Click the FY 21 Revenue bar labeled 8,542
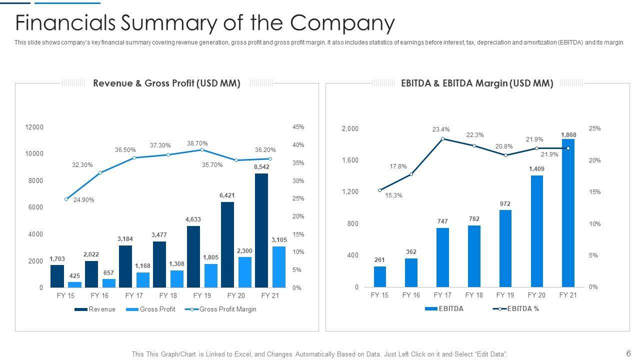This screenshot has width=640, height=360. point(261,230)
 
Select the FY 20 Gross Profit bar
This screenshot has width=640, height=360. point(244,272)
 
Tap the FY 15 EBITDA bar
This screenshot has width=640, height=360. point(380,276)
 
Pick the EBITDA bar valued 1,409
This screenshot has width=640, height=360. point(536,231)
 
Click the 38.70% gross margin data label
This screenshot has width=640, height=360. point(197,143)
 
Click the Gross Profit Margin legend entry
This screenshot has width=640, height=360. point(227,309)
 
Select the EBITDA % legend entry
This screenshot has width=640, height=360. point(523,309)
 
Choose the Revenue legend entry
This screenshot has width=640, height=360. point(101,309)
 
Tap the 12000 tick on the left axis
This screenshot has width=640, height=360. point(34,127)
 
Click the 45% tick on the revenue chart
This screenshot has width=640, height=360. point(298,127)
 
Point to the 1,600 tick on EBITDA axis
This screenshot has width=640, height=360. point(350,160)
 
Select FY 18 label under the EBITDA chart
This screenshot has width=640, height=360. point(473,295)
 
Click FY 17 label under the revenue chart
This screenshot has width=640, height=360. point(134,295)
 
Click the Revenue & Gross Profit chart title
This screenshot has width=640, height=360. point(166,83)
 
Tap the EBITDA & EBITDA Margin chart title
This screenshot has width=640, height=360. point(477,83)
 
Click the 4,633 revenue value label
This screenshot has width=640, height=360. point(193,219)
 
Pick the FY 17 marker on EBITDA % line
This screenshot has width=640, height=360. point(442,138)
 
